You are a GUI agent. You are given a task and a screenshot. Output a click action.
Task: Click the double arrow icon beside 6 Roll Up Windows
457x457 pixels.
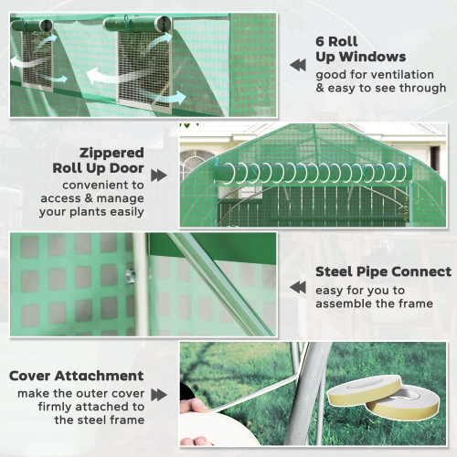click(299, 65)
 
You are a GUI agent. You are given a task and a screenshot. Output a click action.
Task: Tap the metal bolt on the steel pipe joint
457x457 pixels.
click(131, 274)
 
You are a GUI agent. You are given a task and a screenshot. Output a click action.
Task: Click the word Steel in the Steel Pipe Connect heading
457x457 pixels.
click(335, 271)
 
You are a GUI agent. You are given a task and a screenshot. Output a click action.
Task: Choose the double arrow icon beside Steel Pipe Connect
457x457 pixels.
click(298, 287)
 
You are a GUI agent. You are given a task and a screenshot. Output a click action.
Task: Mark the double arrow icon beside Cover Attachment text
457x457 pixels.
click(159, 394)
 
